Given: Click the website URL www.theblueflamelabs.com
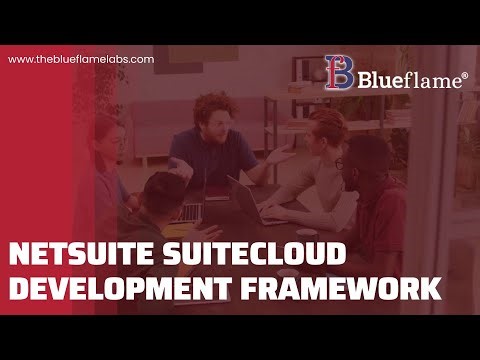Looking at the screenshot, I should pyautogui.click(x=81, y=59).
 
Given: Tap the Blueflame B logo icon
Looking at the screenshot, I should pyautogui.click(x=338, y=70).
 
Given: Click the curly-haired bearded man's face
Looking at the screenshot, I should pyautogui.click(x=212, y=116).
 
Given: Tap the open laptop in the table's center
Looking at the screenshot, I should pyautogui.click(x=245, y=195).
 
